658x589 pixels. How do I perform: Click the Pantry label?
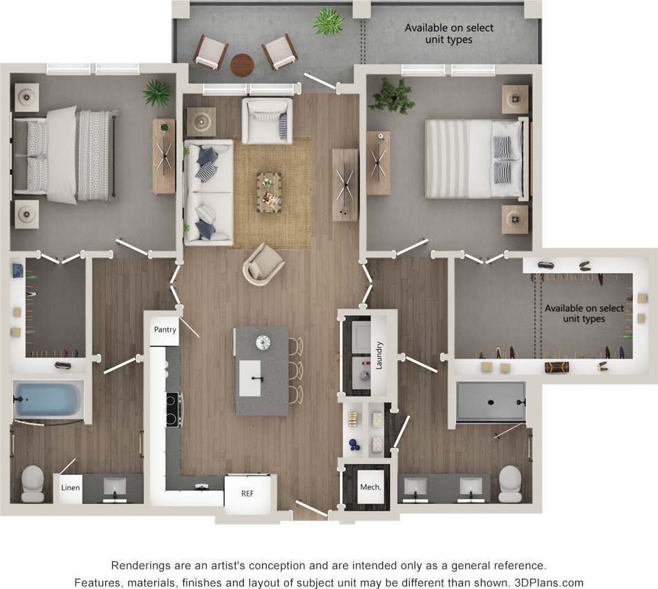(165, 330)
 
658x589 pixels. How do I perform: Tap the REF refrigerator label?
(247, 494)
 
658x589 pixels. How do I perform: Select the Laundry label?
(379, 355)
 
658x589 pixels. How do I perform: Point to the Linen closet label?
(70, 487)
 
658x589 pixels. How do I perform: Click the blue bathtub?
(47, 401)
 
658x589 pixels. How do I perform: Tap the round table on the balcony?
(242, 65)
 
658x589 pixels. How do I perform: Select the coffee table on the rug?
(269, 192)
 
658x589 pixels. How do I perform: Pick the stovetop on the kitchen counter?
(173, 409)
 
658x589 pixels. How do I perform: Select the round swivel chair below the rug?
(263, 264)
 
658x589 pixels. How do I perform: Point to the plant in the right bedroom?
(391, 95)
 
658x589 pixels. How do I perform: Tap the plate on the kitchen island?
(263, 342)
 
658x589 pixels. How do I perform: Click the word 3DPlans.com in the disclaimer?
(545, 582)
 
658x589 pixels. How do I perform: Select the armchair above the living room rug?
(267, 120)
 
